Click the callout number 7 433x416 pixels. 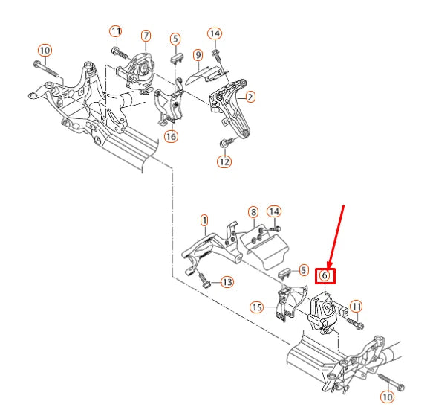tap(146, 36)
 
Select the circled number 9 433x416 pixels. tap(198, 55)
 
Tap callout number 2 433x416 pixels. tap(250, 97)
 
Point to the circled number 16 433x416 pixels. tap(172, 136)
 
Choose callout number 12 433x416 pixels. tap(224, 161)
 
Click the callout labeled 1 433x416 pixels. tap(204, 220)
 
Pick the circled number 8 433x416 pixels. tap(253, 212)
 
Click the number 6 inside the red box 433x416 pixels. tap(325, 275)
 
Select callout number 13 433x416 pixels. tap(227, 282)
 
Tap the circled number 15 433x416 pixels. tap(257, 307)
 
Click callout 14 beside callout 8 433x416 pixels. tap(274, 212)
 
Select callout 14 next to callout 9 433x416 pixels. tap(215, 33)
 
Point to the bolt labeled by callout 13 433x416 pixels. tap(204, 281)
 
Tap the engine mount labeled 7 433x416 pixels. tap(135, 72)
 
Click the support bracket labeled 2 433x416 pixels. tap(230, 106)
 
